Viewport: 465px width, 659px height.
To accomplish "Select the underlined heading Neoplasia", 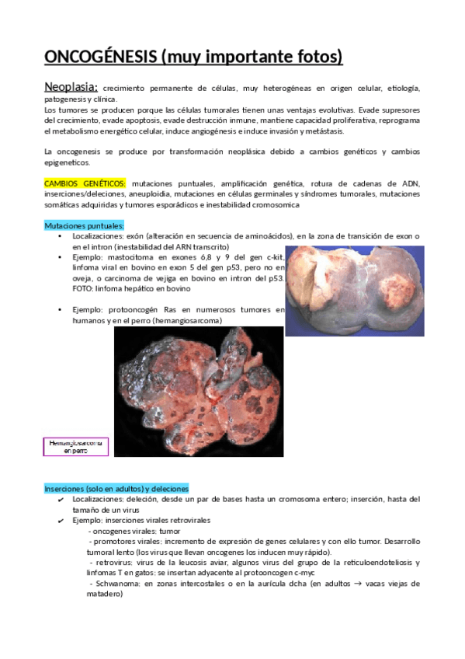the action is click(x=70, y=87).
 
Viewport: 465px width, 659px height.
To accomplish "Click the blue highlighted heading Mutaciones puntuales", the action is click(x=84, y=225).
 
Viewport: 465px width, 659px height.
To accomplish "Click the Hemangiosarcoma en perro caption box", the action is click(x=75, y=446).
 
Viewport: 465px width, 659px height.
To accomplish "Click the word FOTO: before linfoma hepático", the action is click(x=85, y=288).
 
